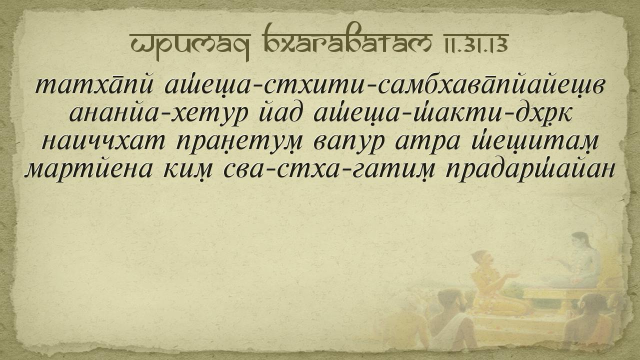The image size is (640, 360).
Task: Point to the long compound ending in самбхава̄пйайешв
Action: pyautogui.click(x=384, y=85)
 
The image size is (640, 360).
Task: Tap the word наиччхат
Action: pyautogui.click(x=103, y=141)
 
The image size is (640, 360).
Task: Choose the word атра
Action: pyautogui.click(x=427, y=141)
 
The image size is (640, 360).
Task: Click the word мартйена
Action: pyautogui.click(x=88, y=169)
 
